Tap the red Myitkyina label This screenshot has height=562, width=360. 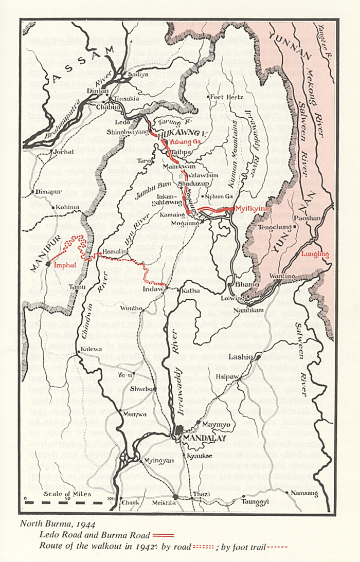250,209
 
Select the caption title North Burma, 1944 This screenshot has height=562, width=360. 50,525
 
